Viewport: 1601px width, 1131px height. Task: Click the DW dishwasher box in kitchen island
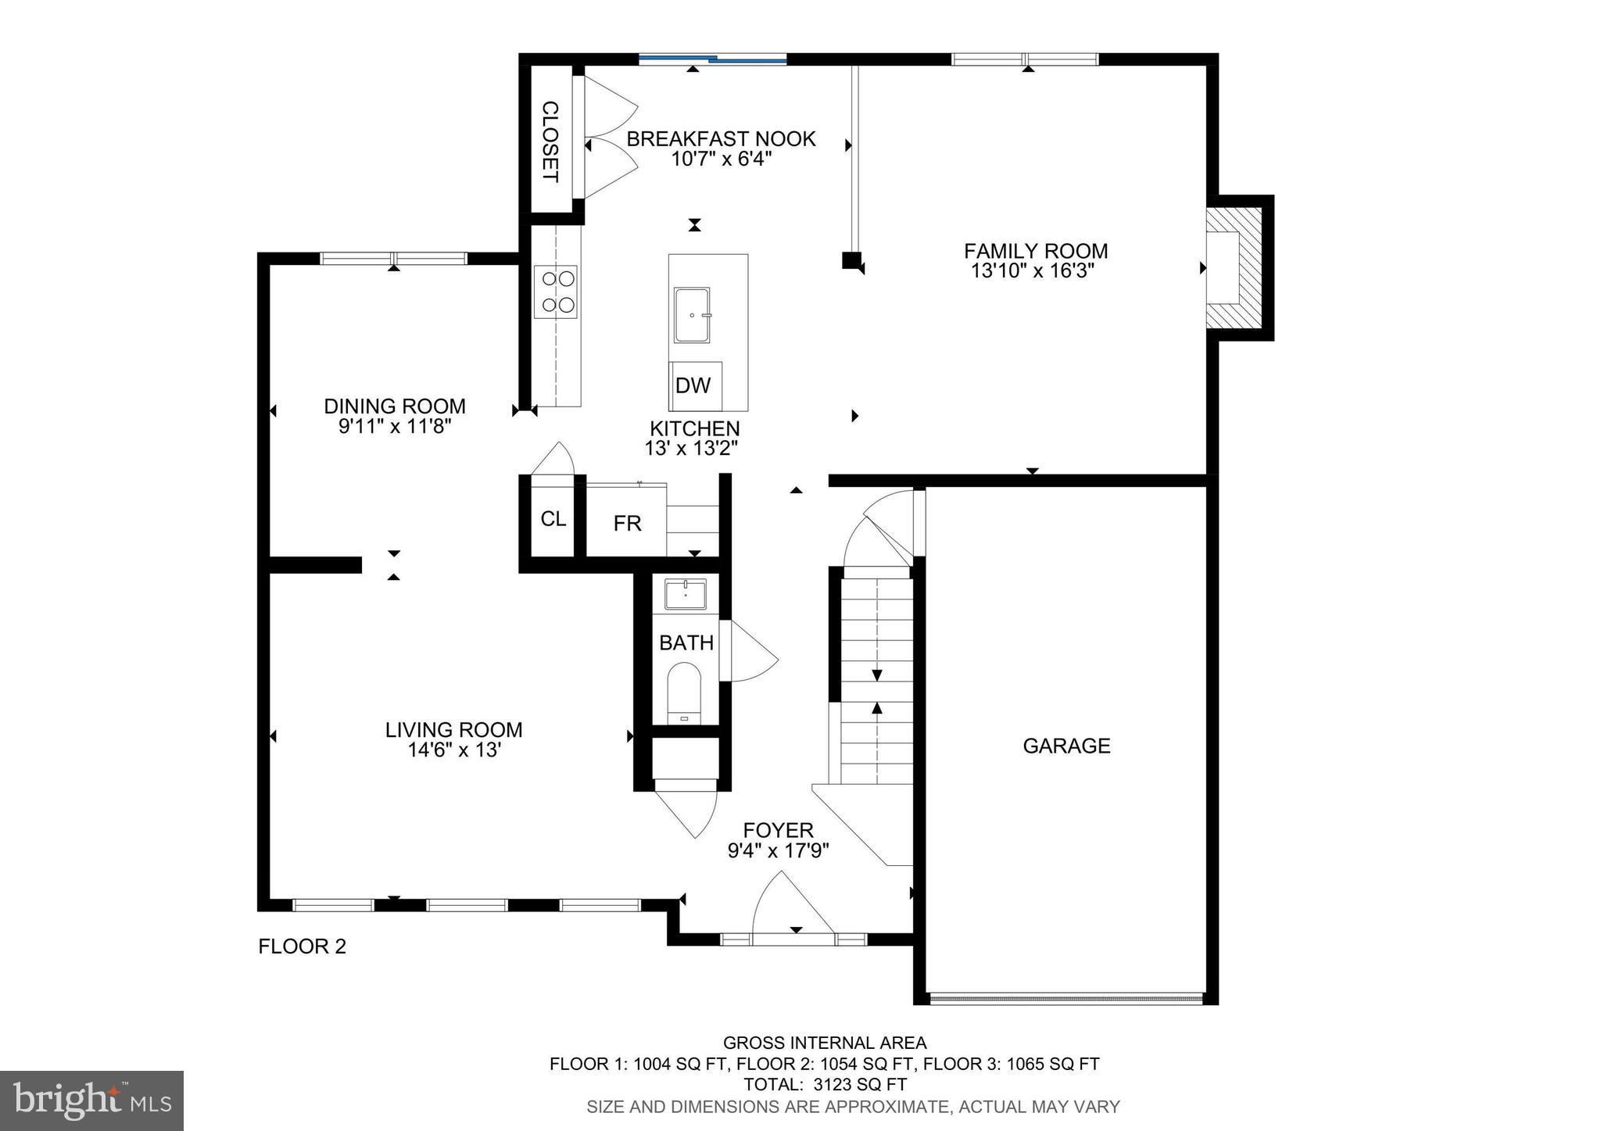694,385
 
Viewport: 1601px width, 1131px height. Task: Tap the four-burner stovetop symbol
556,292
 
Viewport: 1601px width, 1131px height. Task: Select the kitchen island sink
692,314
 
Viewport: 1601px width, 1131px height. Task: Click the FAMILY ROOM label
1035,251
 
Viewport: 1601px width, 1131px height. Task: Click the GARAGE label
1066,746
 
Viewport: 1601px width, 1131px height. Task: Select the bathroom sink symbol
686,594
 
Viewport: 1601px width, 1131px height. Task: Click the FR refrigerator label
627,524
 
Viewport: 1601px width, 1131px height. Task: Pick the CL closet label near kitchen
553,519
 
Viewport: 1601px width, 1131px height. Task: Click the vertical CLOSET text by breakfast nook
550,141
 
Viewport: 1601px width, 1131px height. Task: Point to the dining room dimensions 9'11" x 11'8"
395,427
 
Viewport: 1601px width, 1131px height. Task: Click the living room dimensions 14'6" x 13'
453,750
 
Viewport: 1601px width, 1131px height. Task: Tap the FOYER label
778,830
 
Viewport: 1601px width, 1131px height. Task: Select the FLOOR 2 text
302,947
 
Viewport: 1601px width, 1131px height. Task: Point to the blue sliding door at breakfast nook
713,58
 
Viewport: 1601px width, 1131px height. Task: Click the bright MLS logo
91,1101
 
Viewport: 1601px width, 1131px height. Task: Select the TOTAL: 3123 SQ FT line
825,1085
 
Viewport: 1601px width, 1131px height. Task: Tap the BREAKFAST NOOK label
721,139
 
